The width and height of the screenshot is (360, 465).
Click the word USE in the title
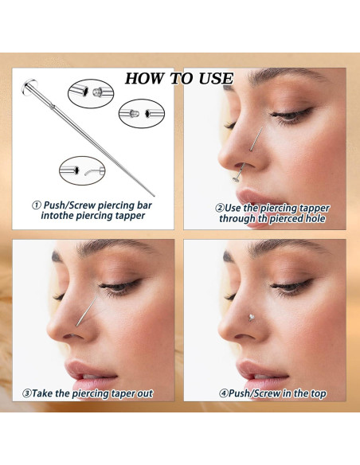tap(216, 79)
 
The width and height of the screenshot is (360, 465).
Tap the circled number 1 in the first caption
tap(36, 205)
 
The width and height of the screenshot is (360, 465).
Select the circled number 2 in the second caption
tap(220, 208)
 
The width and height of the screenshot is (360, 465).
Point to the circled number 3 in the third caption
tap(27, 393)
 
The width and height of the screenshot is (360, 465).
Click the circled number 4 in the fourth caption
tap(223, 393)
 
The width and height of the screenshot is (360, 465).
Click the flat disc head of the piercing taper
tap(29, 87)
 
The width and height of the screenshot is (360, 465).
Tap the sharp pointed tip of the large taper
tap(154, 195)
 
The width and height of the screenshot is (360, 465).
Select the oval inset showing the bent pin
tap(82, 171)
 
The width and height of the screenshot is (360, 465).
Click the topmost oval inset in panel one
tap(91, 93)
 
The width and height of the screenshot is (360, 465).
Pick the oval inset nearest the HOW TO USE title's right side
tap(142, 114)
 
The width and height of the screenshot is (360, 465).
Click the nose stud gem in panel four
tap(251, 318)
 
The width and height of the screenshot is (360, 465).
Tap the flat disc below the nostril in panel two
tap(236, 179)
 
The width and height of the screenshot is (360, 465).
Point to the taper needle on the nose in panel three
tap(87, 311)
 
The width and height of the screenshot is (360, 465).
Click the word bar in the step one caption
tap(145, 205)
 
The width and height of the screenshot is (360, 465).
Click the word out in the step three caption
tap(145, 393)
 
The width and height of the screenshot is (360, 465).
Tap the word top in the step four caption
tap(319, 394)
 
